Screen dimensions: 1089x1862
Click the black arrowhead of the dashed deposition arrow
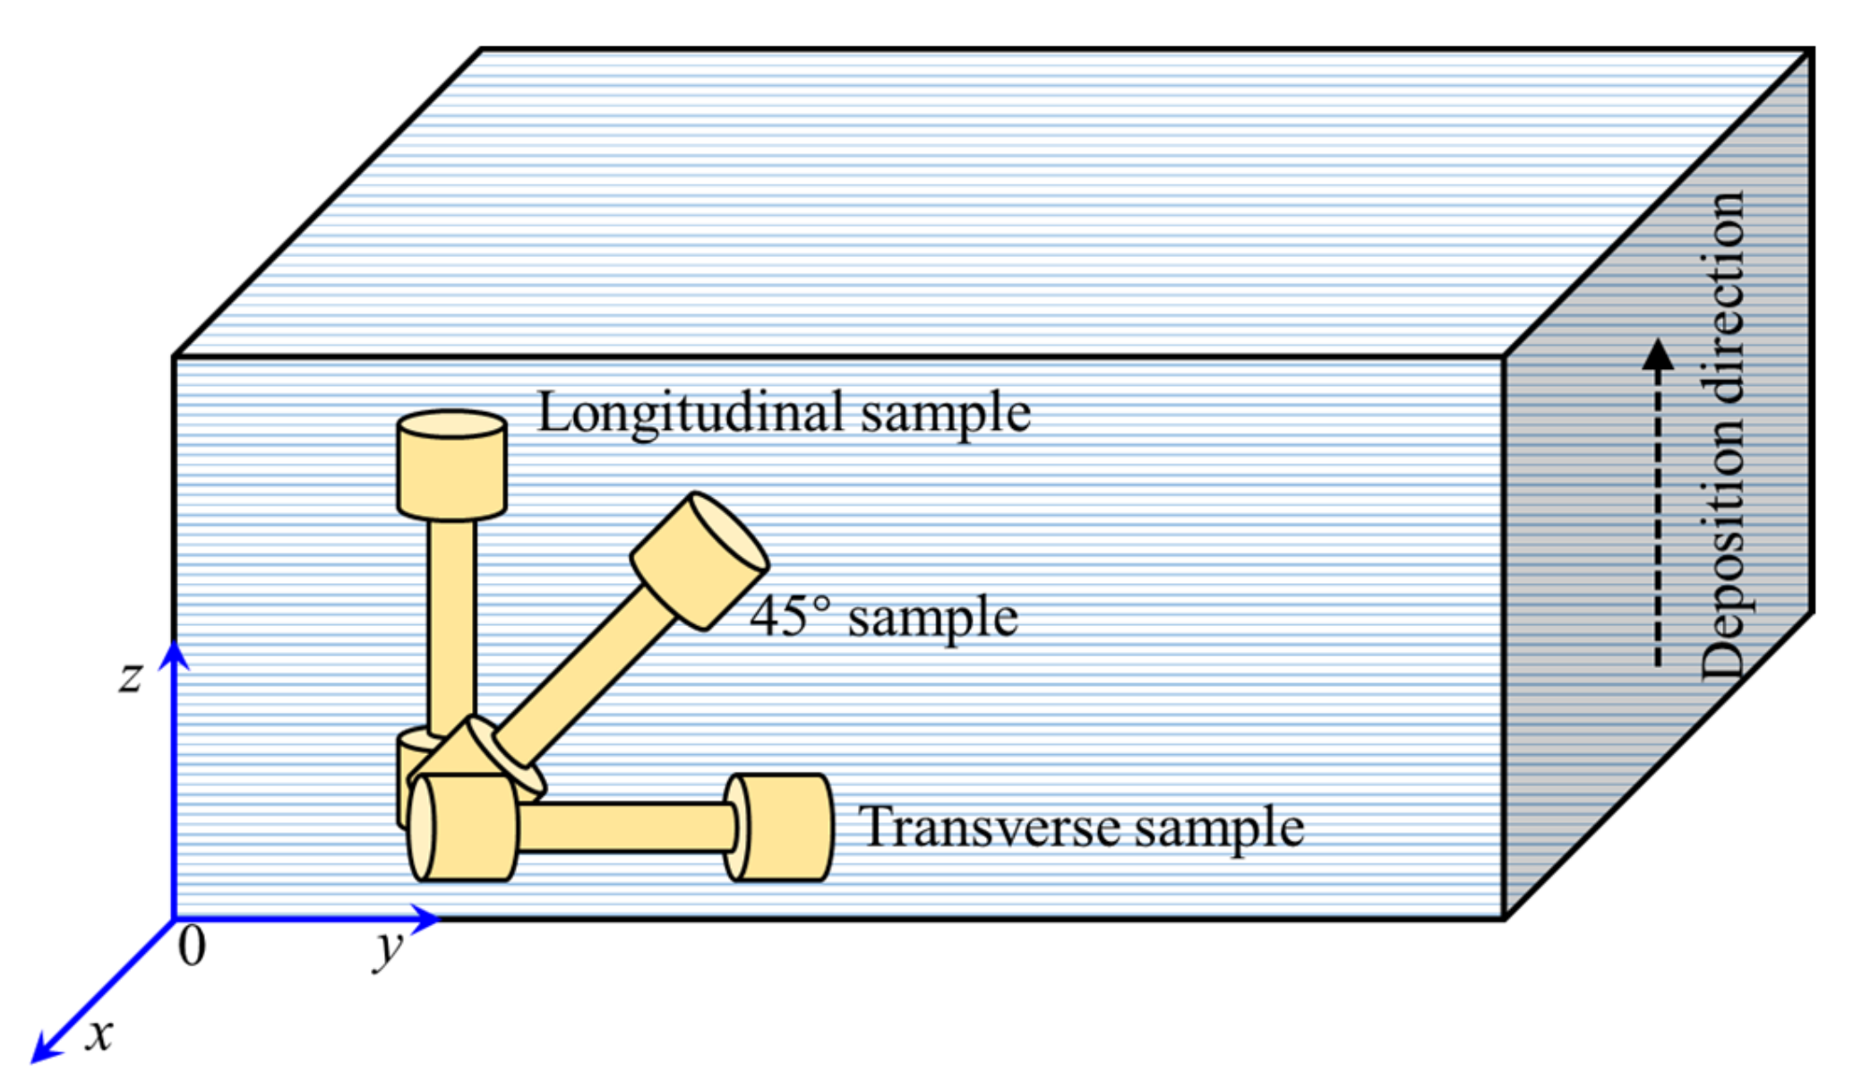1658,355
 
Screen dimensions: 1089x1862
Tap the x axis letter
99,1034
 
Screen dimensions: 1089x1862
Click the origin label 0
192,946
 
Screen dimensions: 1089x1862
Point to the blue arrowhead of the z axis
174,655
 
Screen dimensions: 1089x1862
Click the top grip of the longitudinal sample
451,466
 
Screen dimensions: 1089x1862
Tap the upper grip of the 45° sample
699,561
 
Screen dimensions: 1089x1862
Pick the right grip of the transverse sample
780,827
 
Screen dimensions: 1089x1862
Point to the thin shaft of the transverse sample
627,827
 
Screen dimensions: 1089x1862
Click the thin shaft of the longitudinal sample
451,627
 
